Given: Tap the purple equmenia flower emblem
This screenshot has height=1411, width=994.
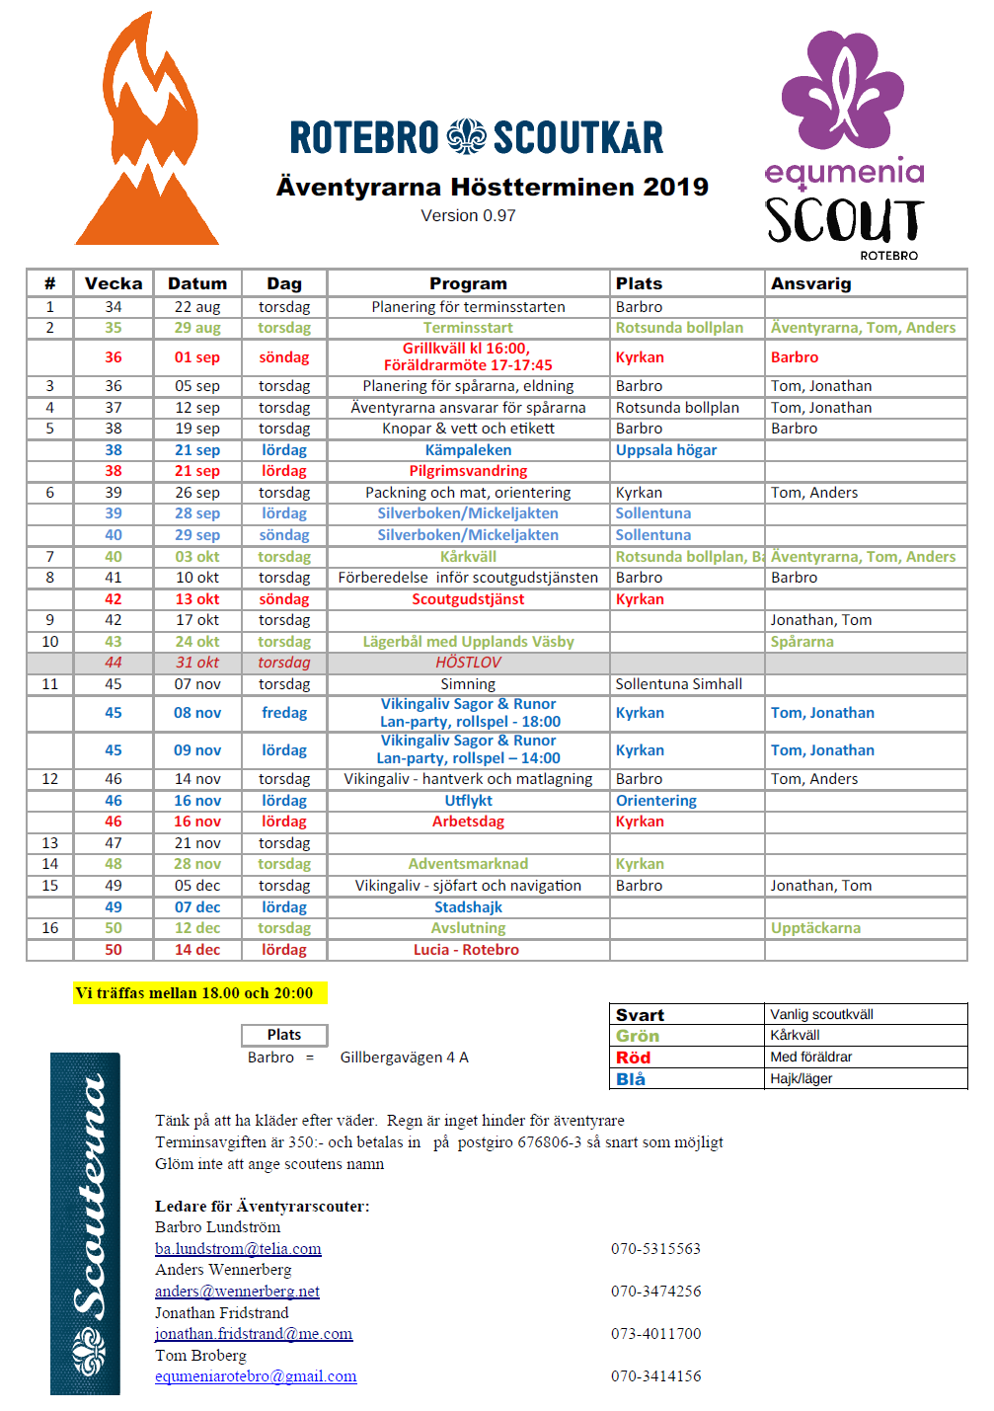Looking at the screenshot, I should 842,90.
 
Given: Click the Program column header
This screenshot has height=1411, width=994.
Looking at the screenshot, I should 468,283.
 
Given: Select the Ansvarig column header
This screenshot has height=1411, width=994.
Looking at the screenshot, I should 810,283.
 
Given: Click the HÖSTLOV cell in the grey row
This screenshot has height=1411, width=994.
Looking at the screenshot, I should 468,663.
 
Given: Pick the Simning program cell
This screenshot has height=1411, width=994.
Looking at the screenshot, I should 468,684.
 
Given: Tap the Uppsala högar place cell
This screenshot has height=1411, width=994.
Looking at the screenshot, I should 666,450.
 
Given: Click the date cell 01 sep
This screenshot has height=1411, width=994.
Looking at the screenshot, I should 197,357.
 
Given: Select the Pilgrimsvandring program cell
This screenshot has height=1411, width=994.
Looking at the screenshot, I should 468,471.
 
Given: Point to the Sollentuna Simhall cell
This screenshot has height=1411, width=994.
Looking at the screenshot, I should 678,684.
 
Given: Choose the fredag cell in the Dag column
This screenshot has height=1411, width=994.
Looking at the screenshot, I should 284,713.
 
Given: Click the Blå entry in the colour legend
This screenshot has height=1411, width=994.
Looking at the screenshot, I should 631,1079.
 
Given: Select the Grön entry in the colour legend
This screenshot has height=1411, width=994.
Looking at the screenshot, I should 638,1036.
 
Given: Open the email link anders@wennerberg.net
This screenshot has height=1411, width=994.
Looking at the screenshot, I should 237,1292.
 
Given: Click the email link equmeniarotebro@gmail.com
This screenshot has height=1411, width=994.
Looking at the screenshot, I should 256,1376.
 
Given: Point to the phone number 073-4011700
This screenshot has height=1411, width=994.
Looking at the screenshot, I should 655,1334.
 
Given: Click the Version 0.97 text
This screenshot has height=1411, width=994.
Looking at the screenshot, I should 468,215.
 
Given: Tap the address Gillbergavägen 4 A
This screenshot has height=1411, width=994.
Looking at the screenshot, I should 404,1058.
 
